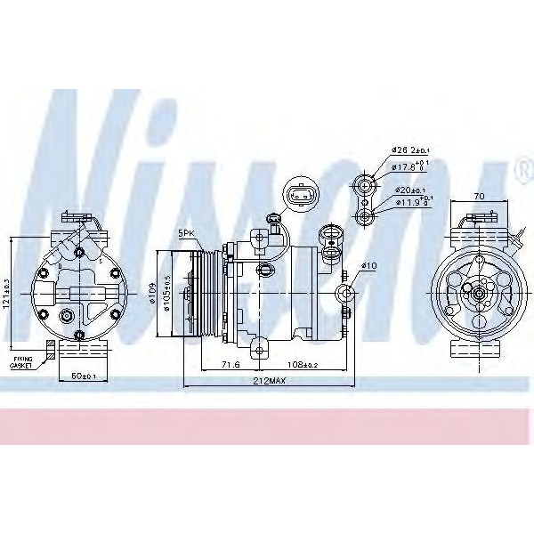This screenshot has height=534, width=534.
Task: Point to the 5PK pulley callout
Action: pyautogui.click(x=185, y=233)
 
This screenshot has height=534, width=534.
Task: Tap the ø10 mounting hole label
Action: pyautogui.click(x=369, y=265)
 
